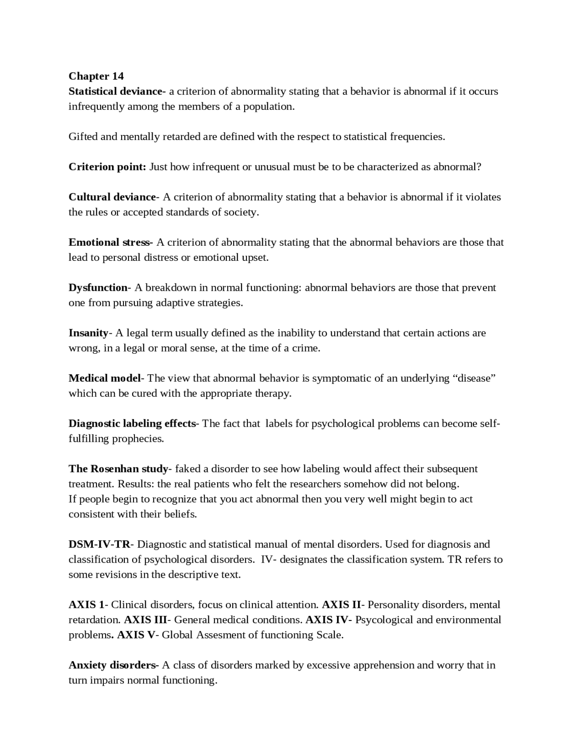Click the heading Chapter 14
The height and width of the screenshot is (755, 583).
(x=96, y=76)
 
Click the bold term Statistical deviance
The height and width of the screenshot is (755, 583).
(x=115, y=91)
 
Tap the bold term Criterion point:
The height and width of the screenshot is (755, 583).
(x=107, y=167)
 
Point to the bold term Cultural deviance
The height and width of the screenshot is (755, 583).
(x=112, y=197)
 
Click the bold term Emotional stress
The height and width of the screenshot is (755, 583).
(x=109, y=242)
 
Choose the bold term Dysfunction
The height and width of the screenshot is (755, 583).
(x=98, y=288)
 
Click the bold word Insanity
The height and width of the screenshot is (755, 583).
(x=88, y=333)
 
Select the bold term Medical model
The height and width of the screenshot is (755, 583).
(x=104, y=378)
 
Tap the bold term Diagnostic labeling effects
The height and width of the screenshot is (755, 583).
(x=132, y=424)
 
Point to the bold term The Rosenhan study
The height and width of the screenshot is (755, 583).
(x=118, y=469)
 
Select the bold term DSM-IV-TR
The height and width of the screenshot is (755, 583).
(x=99, y=544)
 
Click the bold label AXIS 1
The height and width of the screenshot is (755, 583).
(x=86, y=605)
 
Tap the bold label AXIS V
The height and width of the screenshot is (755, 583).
(x=136, y=635)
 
